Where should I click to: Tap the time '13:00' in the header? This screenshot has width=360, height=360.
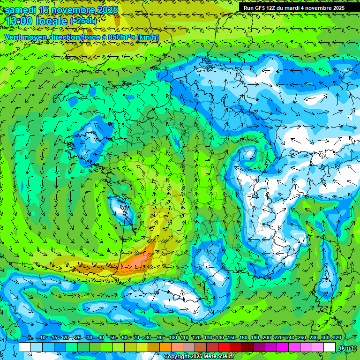coord(21,21)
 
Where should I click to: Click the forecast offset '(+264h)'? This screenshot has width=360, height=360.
coord(84,21)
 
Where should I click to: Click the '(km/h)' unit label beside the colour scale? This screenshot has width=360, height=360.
coord(347,348)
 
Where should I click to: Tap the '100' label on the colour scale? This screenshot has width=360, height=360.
coord(173,337)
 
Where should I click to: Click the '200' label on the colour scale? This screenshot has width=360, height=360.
coord(267,337)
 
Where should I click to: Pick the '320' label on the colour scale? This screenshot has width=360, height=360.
coord(337,337)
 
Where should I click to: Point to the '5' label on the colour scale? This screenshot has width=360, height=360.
coord(30,337)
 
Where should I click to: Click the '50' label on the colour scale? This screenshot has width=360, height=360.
coord(113,337)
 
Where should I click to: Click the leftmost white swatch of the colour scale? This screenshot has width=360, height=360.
coord(25,347)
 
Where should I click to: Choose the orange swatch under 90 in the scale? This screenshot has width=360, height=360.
coord(165,347)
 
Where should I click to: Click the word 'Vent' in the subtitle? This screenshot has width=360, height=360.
coord(13,37)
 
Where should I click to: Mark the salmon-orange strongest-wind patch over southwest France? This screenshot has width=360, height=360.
coord(141,261)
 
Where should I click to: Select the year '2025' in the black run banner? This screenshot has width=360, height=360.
coord(336,8)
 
